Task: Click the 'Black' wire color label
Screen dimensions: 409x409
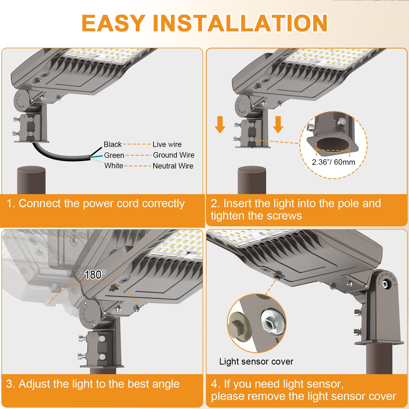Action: click(x=113, y=144)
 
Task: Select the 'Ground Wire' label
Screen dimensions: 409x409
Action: click(x=174, y=155)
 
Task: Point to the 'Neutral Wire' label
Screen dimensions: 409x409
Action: click(x=173, y=166)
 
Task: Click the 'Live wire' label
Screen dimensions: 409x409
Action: click(x=167, y=144)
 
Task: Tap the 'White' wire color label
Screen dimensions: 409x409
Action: click(x=114, y=166)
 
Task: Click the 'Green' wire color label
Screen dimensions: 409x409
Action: click(x=114, y=155)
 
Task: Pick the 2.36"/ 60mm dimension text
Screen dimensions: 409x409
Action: click(x=333, y=162)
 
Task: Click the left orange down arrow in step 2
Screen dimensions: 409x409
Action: click(x=220, y=124)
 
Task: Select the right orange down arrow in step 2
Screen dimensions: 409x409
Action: click(x=278, y=124)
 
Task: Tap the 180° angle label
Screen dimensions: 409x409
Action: click(x=95, y=275)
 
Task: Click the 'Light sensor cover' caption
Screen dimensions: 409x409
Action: click(x=256, y=361)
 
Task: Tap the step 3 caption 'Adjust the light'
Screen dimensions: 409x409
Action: click(x=93, y=384)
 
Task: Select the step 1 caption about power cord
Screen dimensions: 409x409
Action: click(x=95, y=203)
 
